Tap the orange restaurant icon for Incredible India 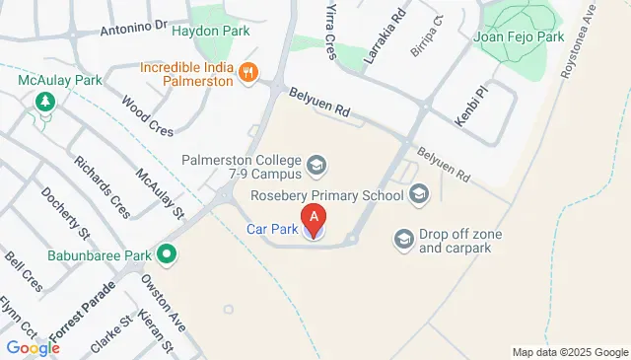click(x=248, y=71)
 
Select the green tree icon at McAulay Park click(x=44, y=101)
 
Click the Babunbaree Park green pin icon click(x=168, y=255)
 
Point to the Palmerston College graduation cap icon click(x=316, y=163)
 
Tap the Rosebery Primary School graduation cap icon click(x=420, y=194)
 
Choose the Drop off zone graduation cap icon click(x=403, y=239)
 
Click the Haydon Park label click(x=210, y=31)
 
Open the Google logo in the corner click(x=33, y=347)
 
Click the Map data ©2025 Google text click(x=569, y=352)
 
